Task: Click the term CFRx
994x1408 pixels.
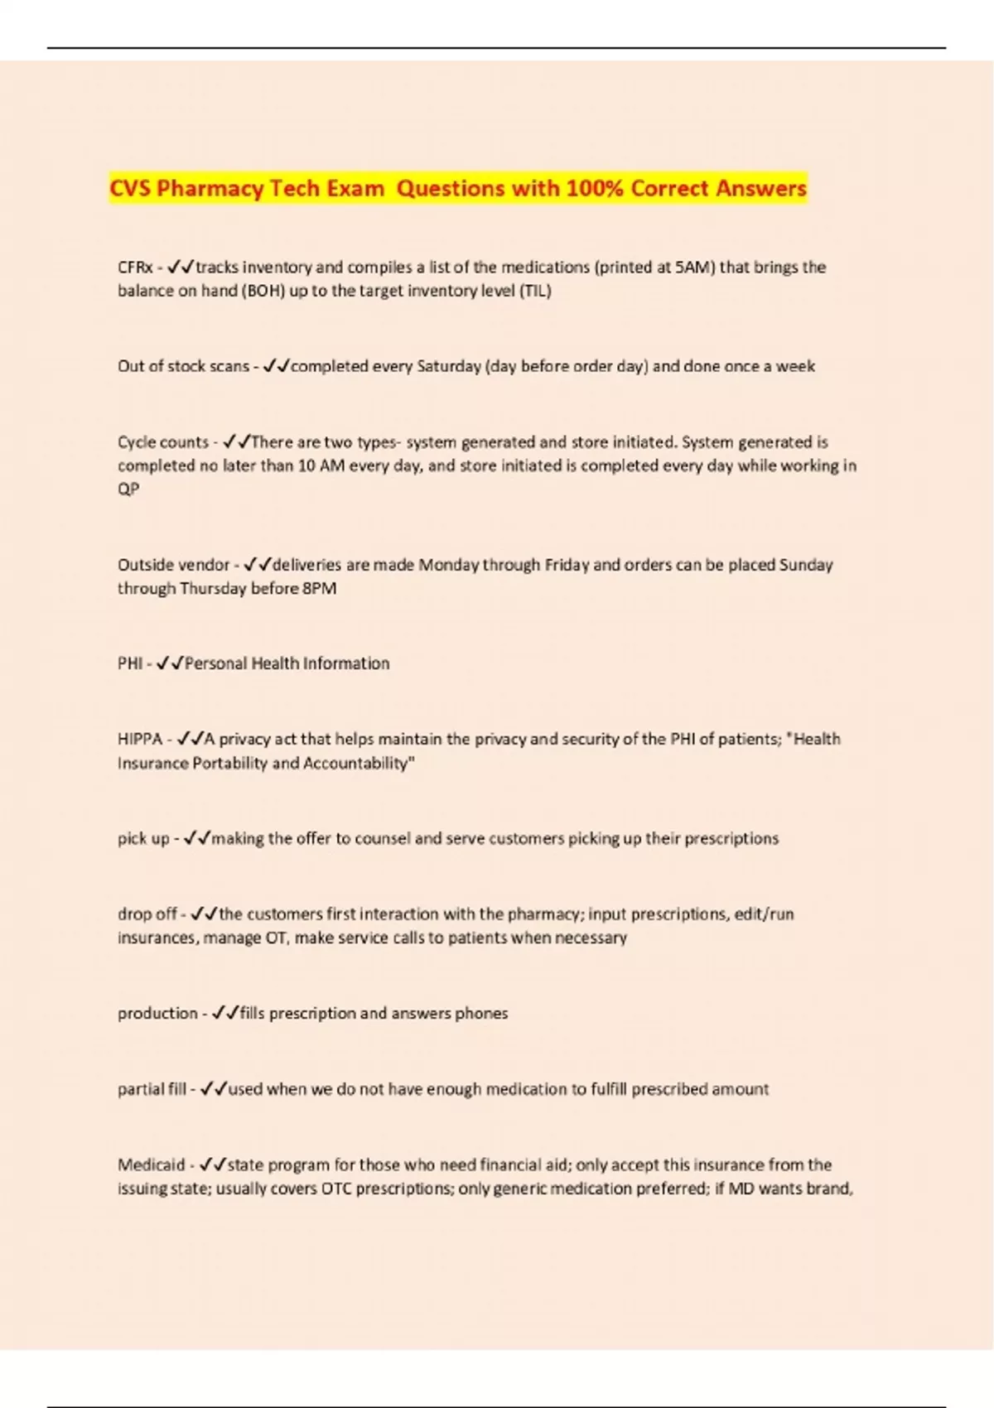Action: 135,268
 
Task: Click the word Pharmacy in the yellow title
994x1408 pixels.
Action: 210,189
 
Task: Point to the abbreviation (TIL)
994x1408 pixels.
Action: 535,291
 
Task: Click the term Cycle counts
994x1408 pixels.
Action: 162,442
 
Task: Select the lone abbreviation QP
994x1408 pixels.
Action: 128,489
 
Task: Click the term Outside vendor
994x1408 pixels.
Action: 173,565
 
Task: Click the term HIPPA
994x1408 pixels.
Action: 140,739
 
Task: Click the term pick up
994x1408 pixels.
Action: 143,838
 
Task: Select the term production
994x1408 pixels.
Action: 157,1013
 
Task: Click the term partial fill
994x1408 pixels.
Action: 152,1089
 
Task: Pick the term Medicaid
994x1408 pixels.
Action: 151,1164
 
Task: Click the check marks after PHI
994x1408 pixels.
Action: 170,663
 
